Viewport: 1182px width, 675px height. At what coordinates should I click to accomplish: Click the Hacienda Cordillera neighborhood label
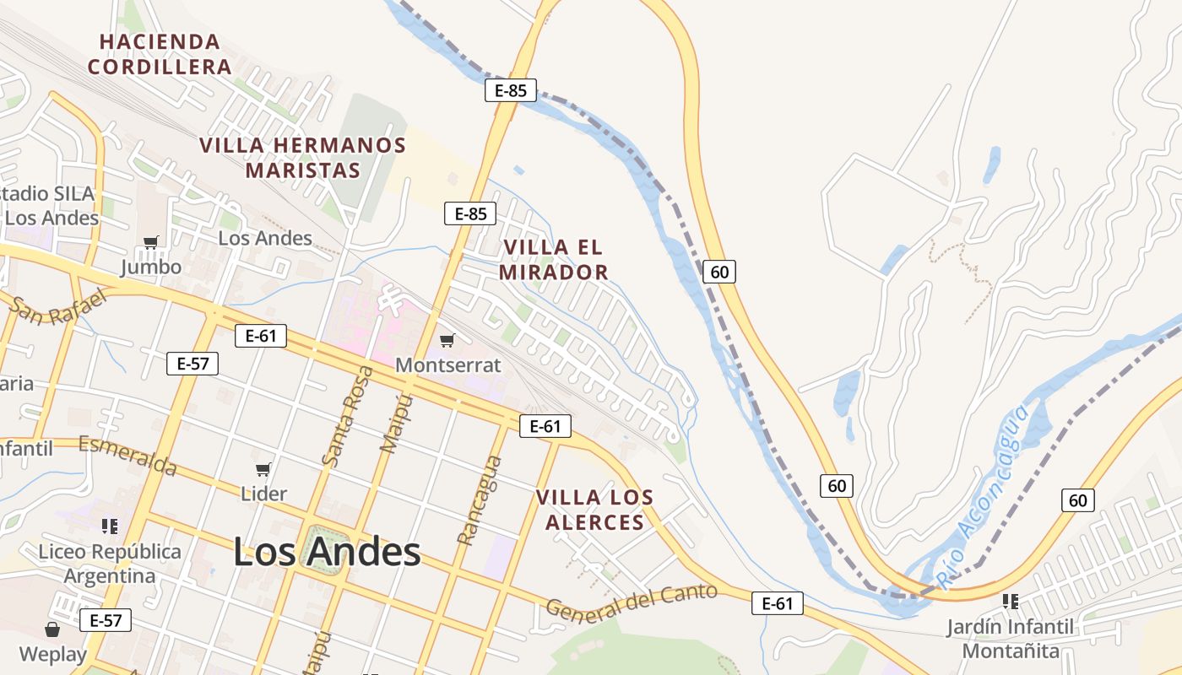click(x=160, y=54)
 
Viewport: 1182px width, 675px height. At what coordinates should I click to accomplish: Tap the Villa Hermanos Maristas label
click(x=302, y=158)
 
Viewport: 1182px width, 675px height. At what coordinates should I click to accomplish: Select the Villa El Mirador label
click(x=554, y=260)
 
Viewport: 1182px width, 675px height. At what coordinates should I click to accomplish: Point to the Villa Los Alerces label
click(x=594, y=510)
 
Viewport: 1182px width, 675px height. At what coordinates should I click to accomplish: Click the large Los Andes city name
click(x=327, y=553)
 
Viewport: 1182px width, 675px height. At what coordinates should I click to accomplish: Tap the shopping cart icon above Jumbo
click(x=151, y=243)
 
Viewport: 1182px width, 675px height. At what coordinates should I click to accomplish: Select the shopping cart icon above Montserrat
click(x=447, y=341)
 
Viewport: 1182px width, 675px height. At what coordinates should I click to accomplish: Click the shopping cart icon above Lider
click(x=263, y=469)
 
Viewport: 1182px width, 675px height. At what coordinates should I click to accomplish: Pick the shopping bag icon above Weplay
click(x=52, y=629)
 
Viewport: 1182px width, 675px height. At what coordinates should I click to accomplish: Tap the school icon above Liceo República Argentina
click(x=109, y=526)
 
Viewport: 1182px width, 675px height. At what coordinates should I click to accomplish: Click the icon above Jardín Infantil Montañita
click(x=1010, y=602)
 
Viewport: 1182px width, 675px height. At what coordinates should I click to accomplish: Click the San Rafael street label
click(x=59, y=308)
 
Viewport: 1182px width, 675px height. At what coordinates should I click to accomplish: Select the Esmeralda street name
click(x=127, y=455)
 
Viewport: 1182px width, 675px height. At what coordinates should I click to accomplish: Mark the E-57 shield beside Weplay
click(x=106, y=621)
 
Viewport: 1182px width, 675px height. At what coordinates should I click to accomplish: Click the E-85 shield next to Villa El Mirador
click(x=470, y=213)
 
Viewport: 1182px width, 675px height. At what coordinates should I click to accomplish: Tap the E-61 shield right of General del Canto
click(x=777, y=603)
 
